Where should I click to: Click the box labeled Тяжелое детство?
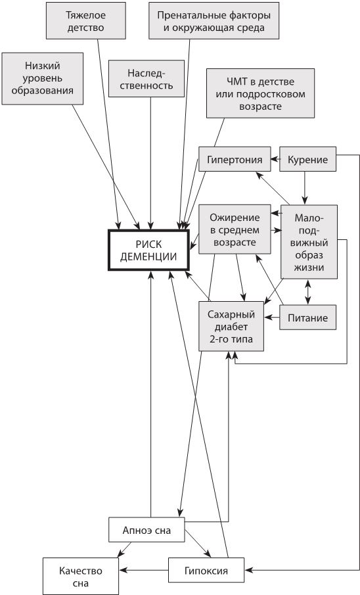[x=86, y=21]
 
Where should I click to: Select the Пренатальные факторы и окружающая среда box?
[x=214, y=21]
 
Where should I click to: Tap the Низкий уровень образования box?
[x=43, y=78]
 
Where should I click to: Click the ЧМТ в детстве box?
[x=261, y=93]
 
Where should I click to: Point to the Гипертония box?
[x=235, y=159]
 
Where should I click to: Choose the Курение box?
[x=307, y=159]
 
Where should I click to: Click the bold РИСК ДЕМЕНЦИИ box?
[x=148, y=250]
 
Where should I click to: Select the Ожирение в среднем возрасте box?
[x=235, y=229]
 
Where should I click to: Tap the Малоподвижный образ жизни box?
[x=309, y=242]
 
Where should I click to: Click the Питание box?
[x=307, y=318]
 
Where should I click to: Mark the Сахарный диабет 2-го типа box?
[x=231, y=326]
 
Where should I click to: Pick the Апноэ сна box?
[x=146, y=530]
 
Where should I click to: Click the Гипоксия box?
[x=206, y=570]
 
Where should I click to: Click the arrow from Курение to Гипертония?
[x=275, y=159]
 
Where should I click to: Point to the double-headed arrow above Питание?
[x=307, y=292]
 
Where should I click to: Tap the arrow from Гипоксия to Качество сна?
[x=144, y=570]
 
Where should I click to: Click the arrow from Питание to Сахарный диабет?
[x=272, y=318]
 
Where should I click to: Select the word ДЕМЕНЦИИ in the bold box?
[x=148, y=256]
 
